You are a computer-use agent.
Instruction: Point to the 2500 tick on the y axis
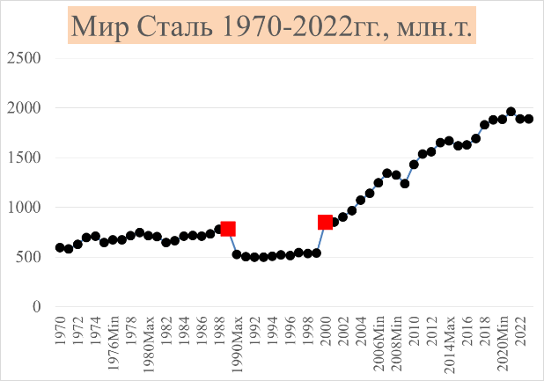coord(24,58)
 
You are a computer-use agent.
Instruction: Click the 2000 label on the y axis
coord(24,108)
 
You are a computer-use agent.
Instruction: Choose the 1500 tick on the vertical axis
coord(24,158)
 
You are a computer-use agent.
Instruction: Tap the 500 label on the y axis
coord(28,257)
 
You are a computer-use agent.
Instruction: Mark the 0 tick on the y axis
coord(36,307)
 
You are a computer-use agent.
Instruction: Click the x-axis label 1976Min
coord(113,344)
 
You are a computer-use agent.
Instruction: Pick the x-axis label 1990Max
coord(237,344)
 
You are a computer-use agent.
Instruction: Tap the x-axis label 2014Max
coord(449,344)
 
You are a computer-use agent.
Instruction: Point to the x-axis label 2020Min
coord(502,344)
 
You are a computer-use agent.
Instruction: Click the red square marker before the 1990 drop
coord(228,229)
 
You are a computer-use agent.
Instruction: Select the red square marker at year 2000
coord(325,223)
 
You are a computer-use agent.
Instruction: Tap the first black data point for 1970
coord(60,247)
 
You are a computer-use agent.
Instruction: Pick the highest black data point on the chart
coord(511,112)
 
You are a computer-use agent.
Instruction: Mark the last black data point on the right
coord(529,119)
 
